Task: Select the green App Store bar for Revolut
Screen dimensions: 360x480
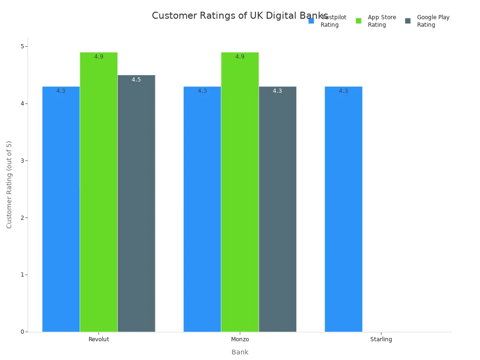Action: tap(98, 192)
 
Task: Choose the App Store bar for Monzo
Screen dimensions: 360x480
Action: tap(240, 192)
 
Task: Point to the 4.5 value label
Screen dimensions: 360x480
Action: tap(136, 80)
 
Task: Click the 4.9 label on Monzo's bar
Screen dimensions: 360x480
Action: tap(240, 57)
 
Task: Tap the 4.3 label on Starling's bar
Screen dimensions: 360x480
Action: tap(343, 91)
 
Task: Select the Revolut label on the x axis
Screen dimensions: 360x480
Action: tap(98, 339)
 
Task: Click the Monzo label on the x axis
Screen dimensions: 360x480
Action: tap(240, 339)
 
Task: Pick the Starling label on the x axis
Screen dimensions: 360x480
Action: tap(381, 339)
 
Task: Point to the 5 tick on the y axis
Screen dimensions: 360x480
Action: tap(22, 46)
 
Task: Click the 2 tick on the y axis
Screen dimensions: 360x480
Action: tap(22, 217)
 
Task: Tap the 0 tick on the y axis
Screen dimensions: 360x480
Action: tap(22, 332)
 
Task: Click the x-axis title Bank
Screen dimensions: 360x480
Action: tap(240, 352)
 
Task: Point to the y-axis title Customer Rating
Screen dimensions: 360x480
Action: tap(9, 184)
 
